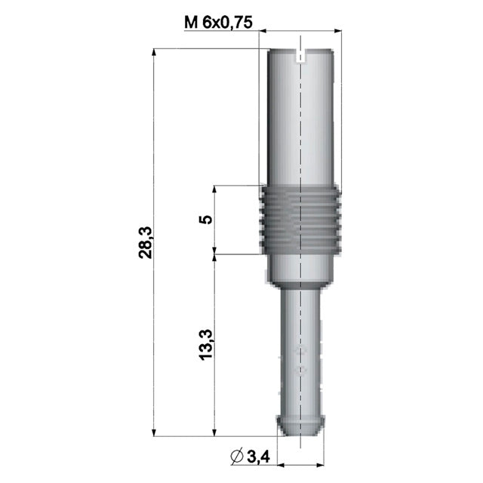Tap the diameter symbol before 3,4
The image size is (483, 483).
click(235, 455)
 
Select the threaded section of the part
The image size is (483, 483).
click(301, 219)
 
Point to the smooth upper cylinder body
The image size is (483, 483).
click(301, 121)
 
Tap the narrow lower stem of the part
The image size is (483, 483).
click(301, 347)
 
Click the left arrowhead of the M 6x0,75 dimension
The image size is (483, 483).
click(265, 31)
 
